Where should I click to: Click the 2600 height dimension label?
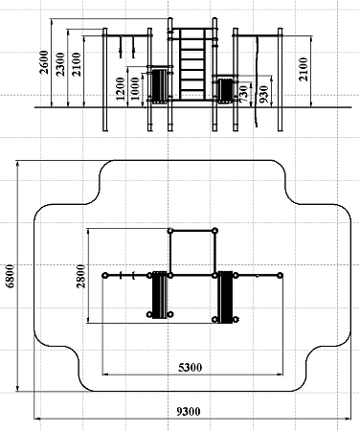coord(44,62)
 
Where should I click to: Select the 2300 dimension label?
coord(60,64)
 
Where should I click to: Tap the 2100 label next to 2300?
coord(77,64)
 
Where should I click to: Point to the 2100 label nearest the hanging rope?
coord(304,69)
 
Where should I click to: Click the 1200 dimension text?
coord(121,88)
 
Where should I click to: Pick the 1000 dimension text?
coord(135,88)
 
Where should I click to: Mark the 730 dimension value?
coord(243,94)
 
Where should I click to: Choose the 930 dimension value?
coord(263,94)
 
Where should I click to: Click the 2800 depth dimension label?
coord(81,276)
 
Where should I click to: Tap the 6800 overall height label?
coord(11,276)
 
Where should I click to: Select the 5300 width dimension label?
coord(190,368)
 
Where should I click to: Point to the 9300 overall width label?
coord(189,412)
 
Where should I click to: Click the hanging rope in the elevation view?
coord(256,81)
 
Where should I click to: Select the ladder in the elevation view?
coord(192,64)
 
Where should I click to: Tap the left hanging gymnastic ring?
coord(121,47)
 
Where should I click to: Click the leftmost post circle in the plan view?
coord(104,275)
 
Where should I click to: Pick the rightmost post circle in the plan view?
coord(280,275)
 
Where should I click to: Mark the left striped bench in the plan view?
coord(160,295)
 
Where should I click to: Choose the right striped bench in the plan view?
coord(225,297)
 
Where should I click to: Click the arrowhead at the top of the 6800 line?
coord(17,163)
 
